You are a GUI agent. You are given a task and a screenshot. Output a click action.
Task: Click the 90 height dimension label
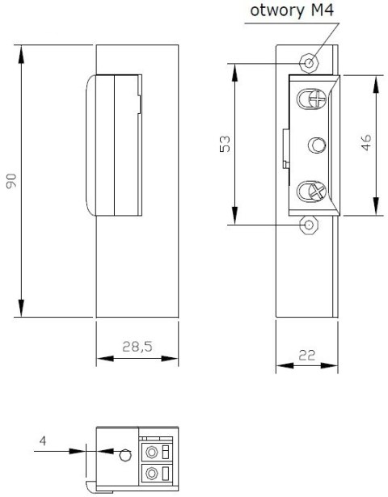coord(11,181)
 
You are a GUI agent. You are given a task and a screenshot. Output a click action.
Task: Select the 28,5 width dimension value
coord(137,347)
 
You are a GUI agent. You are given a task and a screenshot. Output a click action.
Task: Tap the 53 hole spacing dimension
coord(225,144)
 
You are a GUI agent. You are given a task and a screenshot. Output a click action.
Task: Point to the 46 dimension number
coord(366,142)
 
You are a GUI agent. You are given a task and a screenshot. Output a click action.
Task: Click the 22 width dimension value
coord(307,356)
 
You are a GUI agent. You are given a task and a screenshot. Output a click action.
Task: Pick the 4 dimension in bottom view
coord(43,440)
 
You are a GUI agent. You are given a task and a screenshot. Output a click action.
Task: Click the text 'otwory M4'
coord(292,11)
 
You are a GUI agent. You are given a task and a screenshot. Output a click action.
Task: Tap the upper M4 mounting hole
coord(309,63)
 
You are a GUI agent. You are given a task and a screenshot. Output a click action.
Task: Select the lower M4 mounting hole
coord(309,225)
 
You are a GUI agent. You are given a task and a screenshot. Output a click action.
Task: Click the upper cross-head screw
coord(318,99)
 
